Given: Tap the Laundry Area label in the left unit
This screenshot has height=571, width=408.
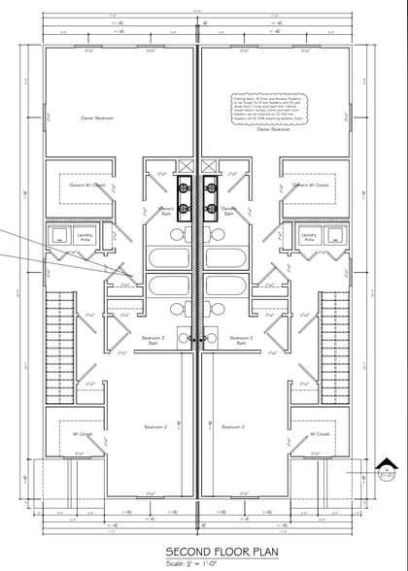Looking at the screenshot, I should (87, 236).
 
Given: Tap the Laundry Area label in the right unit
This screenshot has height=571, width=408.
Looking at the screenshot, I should (310, 236).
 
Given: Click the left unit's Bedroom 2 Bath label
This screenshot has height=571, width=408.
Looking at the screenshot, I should (157, 341).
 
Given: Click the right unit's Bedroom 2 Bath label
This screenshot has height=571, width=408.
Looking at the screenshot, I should (240, 341).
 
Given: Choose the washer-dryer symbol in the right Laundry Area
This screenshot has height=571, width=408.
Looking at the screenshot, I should (336, 234).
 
